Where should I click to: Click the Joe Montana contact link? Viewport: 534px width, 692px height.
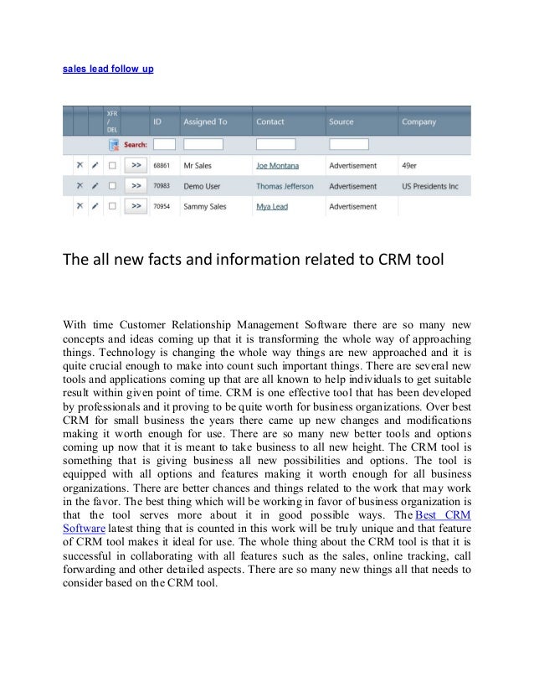coord(277,166)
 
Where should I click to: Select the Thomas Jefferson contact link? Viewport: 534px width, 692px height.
coord(284,186)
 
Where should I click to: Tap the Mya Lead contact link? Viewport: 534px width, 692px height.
coord(272,206)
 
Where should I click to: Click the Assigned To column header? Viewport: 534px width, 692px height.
coord(205,122)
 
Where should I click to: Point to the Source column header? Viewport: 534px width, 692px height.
coord(341,122)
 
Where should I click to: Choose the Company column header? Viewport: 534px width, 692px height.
coord(418,122)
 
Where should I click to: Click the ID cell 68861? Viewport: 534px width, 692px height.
coord(163,166)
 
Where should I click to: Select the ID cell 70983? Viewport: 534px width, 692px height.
coord(163,186)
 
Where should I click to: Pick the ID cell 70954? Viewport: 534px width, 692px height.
coord(163,206)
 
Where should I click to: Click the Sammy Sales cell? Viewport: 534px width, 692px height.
coord(208,206)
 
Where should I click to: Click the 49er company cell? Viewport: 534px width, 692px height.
coord(410,166)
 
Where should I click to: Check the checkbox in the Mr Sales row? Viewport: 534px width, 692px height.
coord(111,166)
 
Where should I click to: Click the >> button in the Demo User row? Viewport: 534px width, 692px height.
coord(136,186)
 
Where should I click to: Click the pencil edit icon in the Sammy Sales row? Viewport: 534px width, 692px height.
coord(95,206)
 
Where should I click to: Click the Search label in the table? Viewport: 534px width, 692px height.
coord(136,145)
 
